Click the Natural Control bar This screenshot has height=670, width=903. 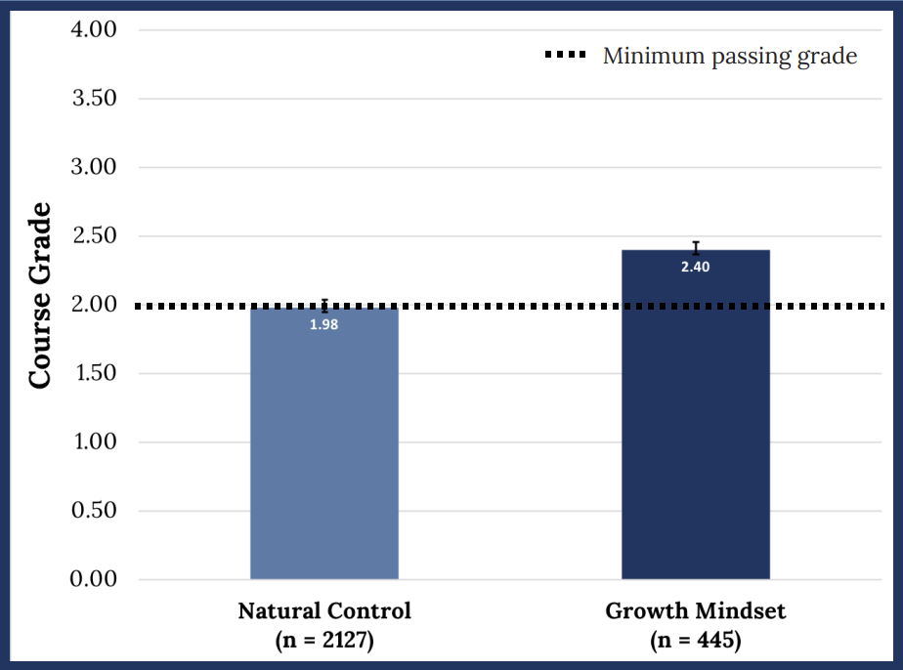[x=324, y=443]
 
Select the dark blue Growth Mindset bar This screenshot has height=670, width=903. [x=696, y=414]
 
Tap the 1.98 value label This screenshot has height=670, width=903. [x=324, y=324]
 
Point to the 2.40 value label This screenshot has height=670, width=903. [x=696, y=267]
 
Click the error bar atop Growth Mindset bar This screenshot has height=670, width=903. [x=696, y=248]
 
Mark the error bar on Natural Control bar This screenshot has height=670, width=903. [x=324, y=306]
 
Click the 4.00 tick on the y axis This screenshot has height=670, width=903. [x=94, y=29]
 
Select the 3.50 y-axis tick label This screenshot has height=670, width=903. [x=95, y=99]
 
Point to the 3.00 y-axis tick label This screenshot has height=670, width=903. [x=94, y=167]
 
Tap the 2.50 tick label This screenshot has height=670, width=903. [x=95, y=235]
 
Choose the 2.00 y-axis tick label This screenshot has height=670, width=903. [x=94, y=304]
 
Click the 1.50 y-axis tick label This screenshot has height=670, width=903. [x=96, y=373]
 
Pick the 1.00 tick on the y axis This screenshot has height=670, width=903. [x=96, y=441]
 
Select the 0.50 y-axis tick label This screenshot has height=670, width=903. [x=94, y=510]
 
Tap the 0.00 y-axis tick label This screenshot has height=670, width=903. [x=93, y=578]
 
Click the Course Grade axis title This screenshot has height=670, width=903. [x=40, y=295]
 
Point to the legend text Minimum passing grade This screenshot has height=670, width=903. [x=730, y=57]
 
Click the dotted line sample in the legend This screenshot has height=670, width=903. [x=566, y=55]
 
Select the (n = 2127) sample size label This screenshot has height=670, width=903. [x=324, y=640]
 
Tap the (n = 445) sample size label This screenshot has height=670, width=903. [x=696, y=640]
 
